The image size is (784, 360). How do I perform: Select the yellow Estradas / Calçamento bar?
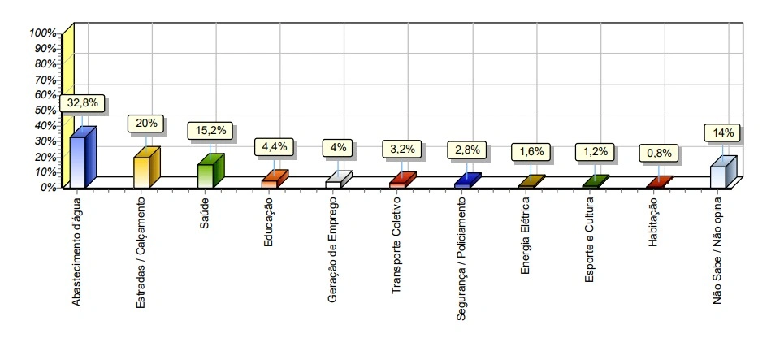coord(142,171)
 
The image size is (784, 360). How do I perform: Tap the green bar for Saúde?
coord(206,175)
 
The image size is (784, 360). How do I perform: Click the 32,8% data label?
coord(84,103)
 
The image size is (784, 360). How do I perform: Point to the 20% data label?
coord(148,124)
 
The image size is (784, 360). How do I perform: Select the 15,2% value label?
coord(211,130)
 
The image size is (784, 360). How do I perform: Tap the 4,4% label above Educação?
coord(275,146)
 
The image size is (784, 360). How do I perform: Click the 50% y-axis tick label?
coord(45,110)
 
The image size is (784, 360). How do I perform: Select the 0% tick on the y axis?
coord(48,186)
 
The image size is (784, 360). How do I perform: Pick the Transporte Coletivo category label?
coord(397,245)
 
